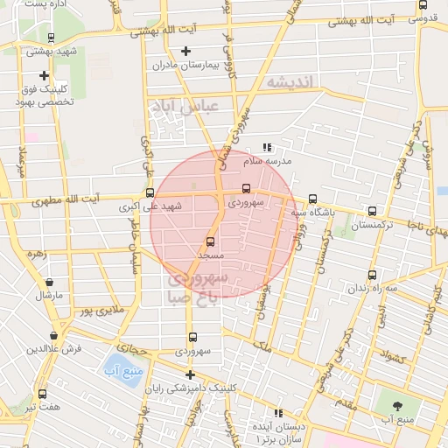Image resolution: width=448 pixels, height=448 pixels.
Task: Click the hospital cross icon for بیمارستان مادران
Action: [x=185, y=52]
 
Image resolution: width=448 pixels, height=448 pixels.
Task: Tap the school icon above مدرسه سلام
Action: [x=267, y=148]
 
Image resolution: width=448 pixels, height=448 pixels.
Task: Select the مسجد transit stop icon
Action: [x=210, y=241]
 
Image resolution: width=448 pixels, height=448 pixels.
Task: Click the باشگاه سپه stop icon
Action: [x=312, y=199]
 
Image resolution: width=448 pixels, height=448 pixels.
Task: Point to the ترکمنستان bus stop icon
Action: [x=373, y=211]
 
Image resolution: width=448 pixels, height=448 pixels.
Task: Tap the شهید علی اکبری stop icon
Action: [x=150, y=193]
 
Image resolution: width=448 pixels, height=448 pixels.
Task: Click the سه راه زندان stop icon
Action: [x=373, y=274]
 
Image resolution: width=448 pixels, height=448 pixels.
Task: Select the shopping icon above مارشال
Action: [x=48, y=282]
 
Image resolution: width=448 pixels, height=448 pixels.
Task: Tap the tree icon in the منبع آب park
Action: [x=399, y=404]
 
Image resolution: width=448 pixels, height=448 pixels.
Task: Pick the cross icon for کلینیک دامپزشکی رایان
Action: [x=189, y=374]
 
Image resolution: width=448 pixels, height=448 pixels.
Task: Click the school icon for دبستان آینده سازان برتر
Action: [x=278, y=412]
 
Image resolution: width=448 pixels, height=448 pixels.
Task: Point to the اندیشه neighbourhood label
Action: [x=295, y=81]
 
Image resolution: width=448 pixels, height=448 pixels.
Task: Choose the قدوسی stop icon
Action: [x=423, y=5]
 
